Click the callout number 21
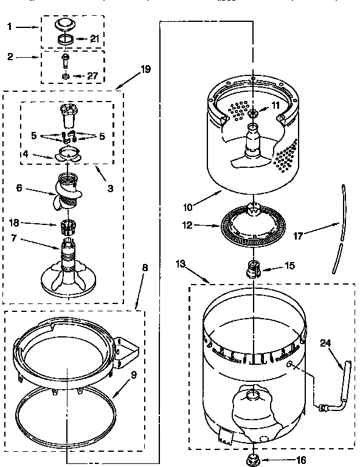(x=94, y=39)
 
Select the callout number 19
(x=145, y=69)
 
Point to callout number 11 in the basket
(x=275, y=105)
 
